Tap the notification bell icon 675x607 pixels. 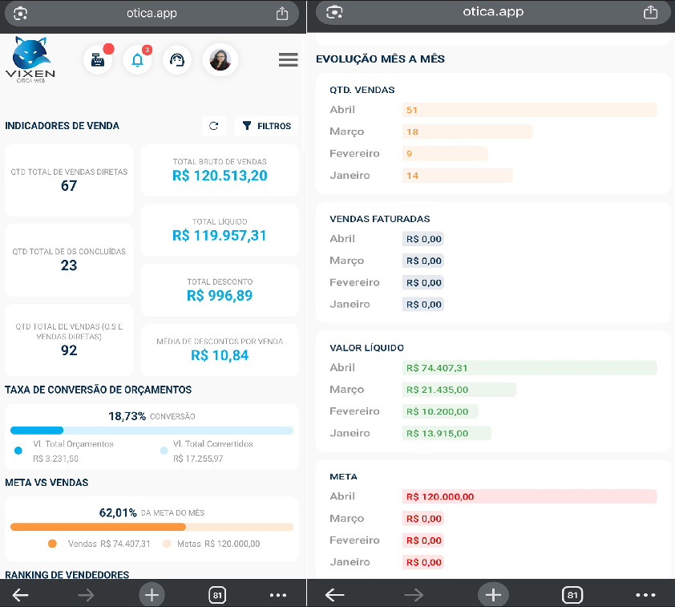tap(137, 60)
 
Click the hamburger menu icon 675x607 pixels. tap(288, 60)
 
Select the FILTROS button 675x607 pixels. tap(267, 126)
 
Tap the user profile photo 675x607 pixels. tap(220, 60)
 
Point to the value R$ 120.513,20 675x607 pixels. tap(220, 176)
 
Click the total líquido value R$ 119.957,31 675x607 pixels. tap(220, 236)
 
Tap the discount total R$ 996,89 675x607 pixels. tap(220, 296)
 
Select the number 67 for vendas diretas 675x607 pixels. tap(69, 186)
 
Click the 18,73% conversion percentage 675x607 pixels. tap(127, 416)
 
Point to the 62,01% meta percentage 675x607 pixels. tap(119, 512)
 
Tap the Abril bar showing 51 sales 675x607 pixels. tap(529, 110)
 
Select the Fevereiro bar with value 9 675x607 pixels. tap(445, 153)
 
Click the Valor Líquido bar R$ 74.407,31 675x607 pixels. tap(529, 368)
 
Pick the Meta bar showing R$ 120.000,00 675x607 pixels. tap(529, 496)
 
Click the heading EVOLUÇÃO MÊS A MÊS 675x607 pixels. tap(380, 59)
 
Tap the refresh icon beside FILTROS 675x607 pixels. tap(213, 126)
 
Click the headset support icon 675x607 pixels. tap(177, 60)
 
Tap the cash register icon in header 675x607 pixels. tap(98, 60)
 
